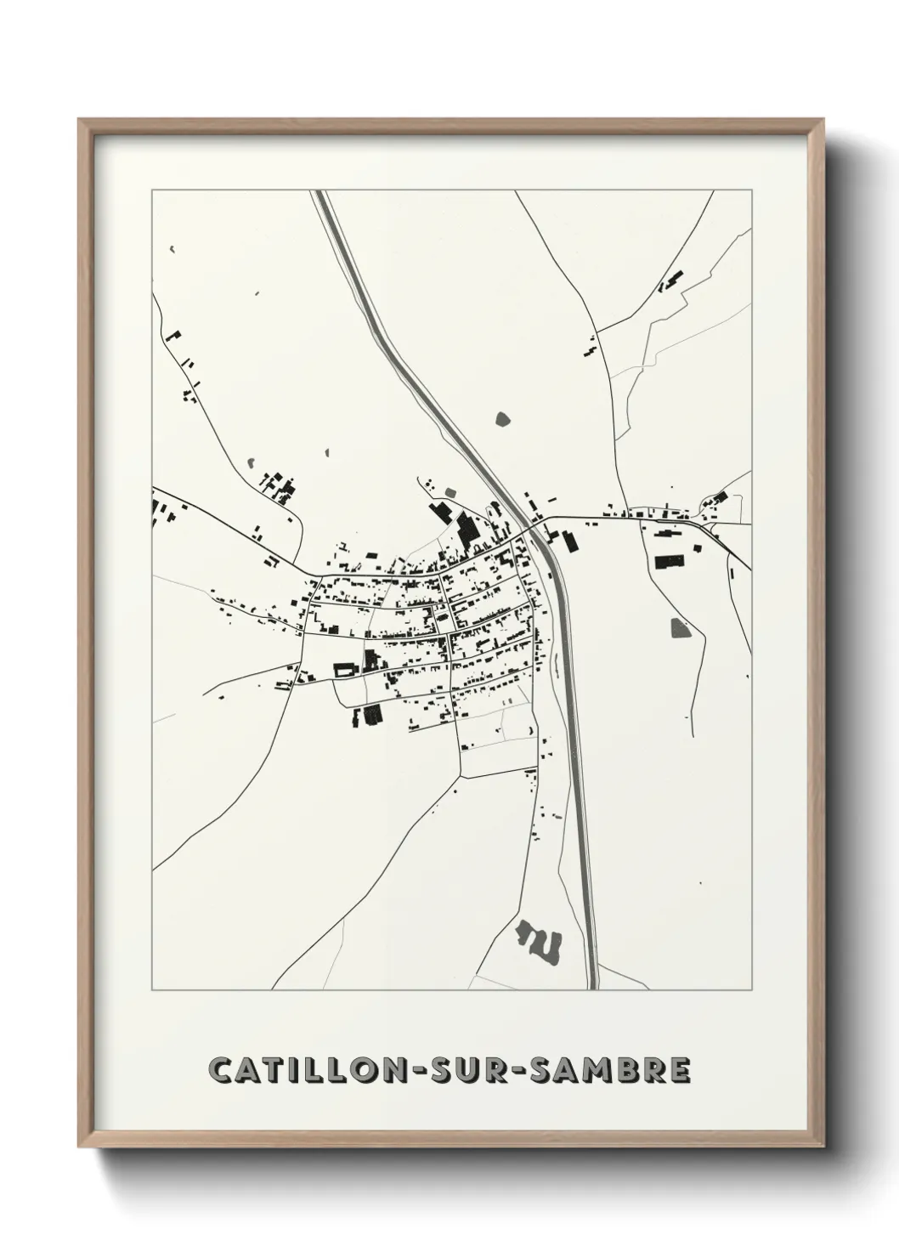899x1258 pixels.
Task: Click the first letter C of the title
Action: point(220,1070)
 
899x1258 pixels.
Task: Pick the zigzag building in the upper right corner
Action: point(672,280)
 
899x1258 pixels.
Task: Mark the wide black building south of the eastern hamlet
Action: point(670,561)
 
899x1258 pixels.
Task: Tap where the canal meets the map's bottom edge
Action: point(592,988)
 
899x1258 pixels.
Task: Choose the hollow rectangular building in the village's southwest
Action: point(344,670)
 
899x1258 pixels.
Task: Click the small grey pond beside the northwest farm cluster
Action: point(252,462)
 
